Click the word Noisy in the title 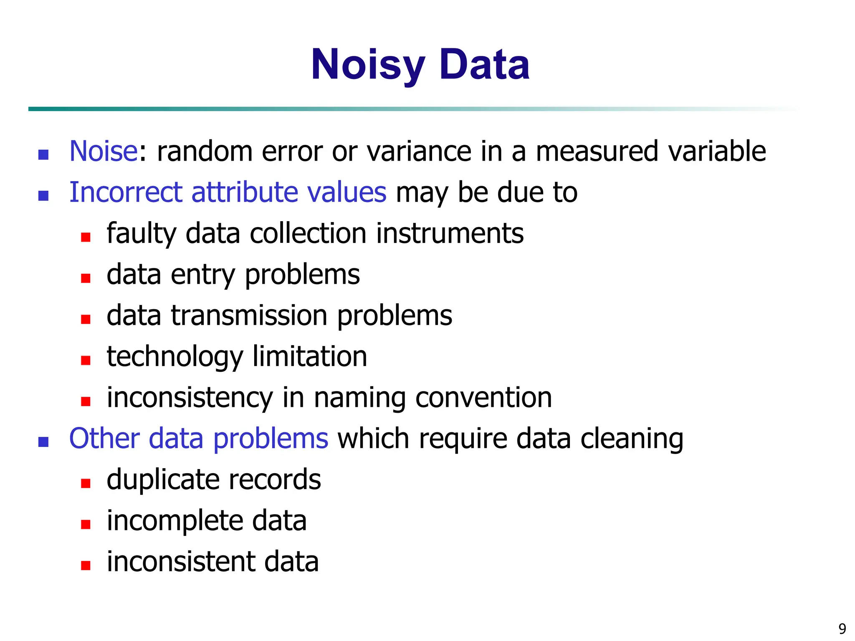(367, 66)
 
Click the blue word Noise (103, 151)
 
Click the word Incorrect (126, 192)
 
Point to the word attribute (244, 192)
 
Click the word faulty (142, 233)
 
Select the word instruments (450, 233)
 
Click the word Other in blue (104, 439)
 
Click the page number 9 (842, 628)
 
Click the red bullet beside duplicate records (86, 483)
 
